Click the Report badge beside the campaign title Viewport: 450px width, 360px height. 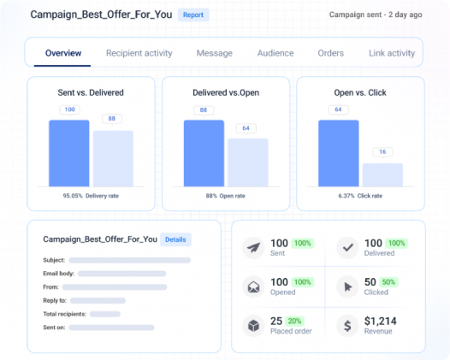click(x=192, y=15)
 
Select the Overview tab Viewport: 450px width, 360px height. click(x=63, y=53)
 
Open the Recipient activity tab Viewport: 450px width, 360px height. click(x=139, y=53)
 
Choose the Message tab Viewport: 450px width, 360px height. click(x=214, y=53)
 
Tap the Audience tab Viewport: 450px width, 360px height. click(x=275, y=53)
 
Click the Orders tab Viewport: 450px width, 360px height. click(x=331, y=53)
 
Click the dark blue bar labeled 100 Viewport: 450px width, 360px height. click(x=68, y=153)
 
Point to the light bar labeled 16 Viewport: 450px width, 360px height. click(x=382, y=174)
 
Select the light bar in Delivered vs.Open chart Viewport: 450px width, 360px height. click(x=247, y=162)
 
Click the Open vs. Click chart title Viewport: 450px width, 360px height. click(x=360, y=92)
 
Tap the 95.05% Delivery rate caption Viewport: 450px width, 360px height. click(x=91, y=196)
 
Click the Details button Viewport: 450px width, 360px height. click(x=175, y=239)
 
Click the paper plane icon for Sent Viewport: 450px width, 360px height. click(x=254, y=249)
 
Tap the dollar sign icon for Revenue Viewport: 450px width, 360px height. click(x=348, y=326)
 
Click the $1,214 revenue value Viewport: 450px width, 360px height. click(x=382, y=321)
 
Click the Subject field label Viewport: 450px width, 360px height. click(x=54, y=260)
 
